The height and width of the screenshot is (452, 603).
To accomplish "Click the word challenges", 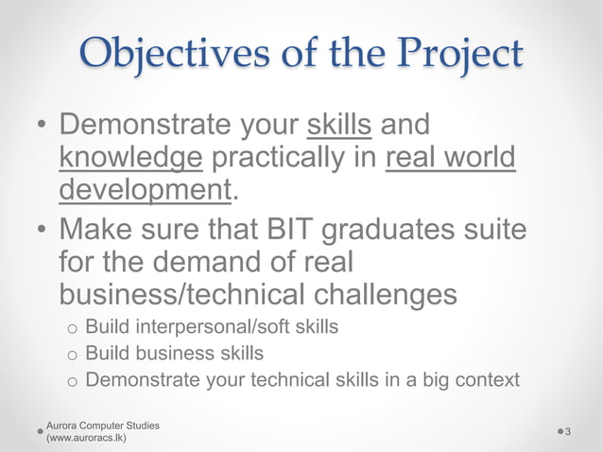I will pos(380,293).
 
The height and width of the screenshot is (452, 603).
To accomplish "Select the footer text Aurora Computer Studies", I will pos(103,426).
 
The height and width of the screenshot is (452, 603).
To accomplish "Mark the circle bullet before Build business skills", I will pos(71,356).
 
